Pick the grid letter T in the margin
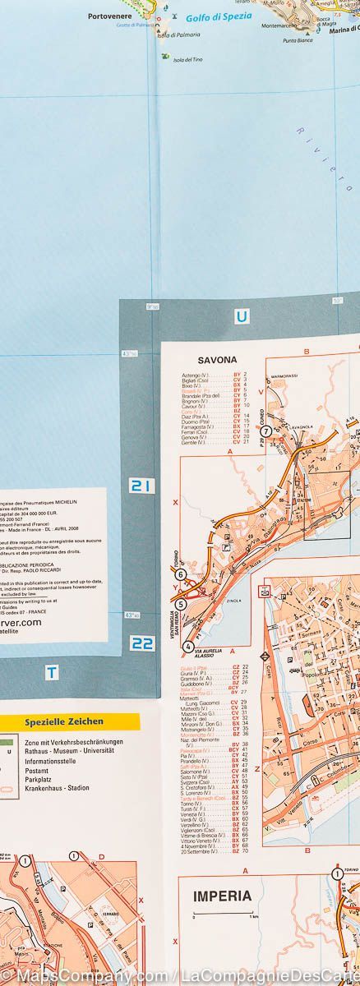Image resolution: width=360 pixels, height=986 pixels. pyautogui.click(x=52, y=673)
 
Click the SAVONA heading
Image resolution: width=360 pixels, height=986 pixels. pyautogui.click(x=218, y=360)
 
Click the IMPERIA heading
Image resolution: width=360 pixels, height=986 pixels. pyautogui.click(x=223, y=896)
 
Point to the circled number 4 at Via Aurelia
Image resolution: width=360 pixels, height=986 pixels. pyautogui.click(x=188, y=646)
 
